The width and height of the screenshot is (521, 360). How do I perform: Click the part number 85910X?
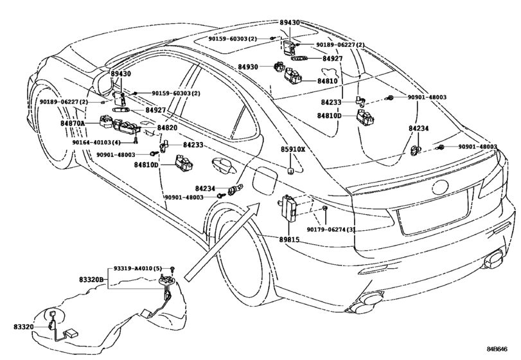tap(293, 149)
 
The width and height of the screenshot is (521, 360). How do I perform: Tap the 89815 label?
tap(288, 239)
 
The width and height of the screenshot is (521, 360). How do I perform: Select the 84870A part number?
tap(73, 123)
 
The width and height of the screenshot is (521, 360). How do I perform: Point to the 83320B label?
tap(91, 280)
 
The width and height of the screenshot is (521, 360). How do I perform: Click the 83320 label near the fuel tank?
tap(24, 327)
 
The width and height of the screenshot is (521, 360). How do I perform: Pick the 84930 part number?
tap(248, 67)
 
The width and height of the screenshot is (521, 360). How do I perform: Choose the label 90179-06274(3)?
tap(331, 230)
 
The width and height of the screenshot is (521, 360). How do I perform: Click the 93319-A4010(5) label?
tap(137, 268)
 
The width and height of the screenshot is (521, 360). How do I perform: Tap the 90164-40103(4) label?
tap(96, 142)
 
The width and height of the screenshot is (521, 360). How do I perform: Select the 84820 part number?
tap(167, 128)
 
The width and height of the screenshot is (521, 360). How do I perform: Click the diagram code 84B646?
tap(497, 349)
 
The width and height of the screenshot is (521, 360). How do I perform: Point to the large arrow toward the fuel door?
tap(223, 242)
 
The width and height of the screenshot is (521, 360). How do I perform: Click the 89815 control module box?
tap(288, 208)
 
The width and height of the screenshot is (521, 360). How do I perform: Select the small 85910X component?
tap(290, 171)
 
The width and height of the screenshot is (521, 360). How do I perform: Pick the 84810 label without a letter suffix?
tap(327, 81)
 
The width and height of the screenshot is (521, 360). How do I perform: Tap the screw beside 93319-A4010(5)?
tap(173, 269)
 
